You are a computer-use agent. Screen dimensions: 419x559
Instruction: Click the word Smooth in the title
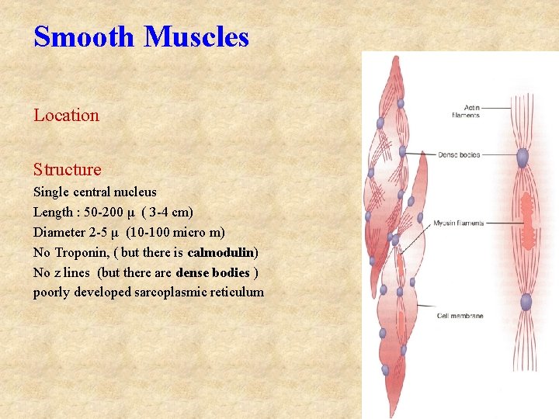point(84,36)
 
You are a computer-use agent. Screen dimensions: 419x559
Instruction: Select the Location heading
point(66,116)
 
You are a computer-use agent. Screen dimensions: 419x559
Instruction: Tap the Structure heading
point(67,169)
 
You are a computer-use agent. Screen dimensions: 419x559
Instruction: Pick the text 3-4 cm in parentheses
point(166,212)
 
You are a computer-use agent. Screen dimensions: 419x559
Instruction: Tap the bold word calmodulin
point(221,252)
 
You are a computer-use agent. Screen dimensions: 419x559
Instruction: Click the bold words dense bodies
point(213,272)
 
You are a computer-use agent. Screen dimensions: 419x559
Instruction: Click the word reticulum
point(237,293)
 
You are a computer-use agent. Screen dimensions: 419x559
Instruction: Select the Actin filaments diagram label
point(466,112)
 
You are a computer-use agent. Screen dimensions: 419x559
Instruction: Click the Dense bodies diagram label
point(460,155)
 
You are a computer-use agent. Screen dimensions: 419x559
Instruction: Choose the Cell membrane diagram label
point(460,316)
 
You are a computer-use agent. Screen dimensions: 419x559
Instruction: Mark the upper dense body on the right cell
point(523,158)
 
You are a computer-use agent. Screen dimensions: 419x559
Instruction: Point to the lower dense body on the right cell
point(526,302)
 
